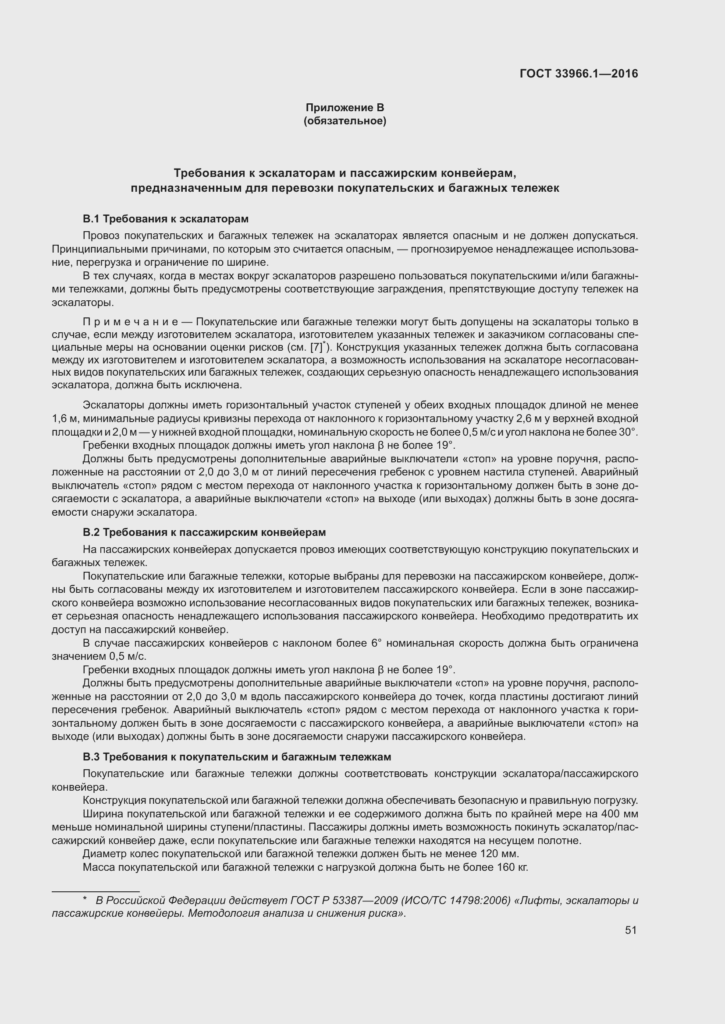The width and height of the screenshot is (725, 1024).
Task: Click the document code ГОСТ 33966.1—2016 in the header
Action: (579, 74)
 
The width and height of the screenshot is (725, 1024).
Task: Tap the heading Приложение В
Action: (345, 108)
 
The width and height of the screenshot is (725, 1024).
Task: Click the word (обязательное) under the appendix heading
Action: (345, 121)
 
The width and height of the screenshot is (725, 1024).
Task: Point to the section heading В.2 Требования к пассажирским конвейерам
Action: (204, 532)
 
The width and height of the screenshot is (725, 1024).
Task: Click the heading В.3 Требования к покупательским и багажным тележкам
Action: (237, 757)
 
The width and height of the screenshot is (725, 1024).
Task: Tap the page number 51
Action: (630, 930)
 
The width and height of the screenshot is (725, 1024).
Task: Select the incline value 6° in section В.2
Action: (377, 643)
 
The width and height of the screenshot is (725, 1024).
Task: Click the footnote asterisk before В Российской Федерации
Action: (85, 899)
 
